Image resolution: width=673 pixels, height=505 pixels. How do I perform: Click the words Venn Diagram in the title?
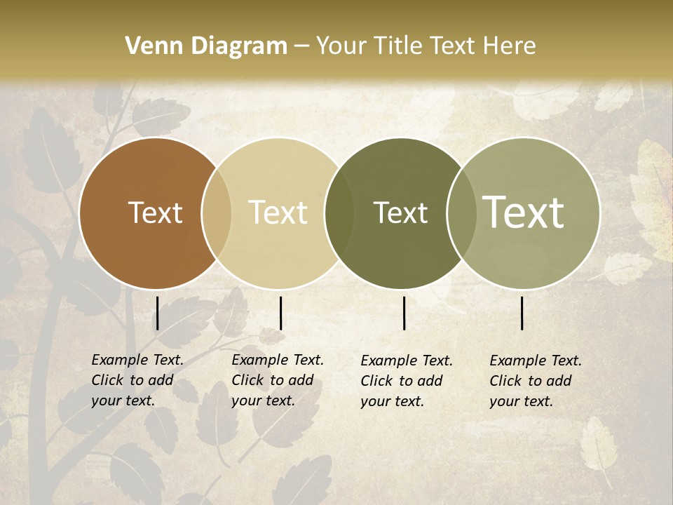(206, 46)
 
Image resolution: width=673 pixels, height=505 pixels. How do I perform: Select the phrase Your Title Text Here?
(426, 46)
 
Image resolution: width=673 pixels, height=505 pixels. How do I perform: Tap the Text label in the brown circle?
(155, 213)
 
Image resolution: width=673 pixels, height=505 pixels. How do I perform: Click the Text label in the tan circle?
(278, 213)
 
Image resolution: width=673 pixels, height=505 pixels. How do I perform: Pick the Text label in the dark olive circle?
(400, 213)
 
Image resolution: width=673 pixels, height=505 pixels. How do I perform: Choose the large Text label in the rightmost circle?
(524, 212)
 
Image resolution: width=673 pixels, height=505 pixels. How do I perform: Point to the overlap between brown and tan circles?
(217, 213)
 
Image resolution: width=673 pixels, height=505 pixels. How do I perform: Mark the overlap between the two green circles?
(461, 213)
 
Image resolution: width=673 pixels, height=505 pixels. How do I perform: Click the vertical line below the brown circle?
(157, 313)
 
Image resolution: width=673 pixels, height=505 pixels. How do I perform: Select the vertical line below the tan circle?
(280, 313)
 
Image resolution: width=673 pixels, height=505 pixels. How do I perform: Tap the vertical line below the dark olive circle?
(405, 313)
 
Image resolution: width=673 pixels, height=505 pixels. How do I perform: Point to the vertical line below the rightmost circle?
(522, 313)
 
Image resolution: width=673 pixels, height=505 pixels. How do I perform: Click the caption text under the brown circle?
(137, 380)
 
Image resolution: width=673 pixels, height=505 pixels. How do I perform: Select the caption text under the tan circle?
(278, 380)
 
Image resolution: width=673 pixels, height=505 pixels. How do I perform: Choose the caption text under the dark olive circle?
(407, 381)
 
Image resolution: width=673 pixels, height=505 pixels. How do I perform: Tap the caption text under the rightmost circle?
(536, 381)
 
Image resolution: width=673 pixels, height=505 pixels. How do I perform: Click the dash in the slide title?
(301, 47)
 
